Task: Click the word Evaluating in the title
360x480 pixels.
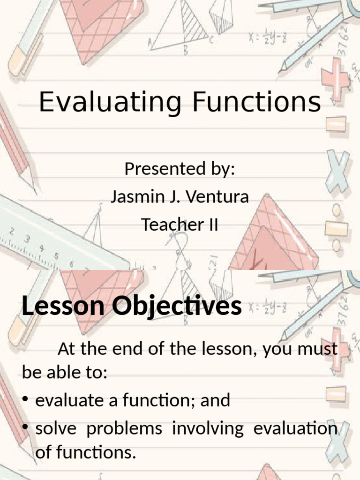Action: [110, 103]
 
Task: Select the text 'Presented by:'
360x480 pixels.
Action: [180, 169]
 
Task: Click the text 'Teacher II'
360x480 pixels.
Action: [180, 225]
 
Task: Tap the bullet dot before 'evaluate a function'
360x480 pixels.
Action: [26, 401]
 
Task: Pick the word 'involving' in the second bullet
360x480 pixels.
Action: [208, 429]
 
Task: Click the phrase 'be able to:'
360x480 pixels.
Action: [65, 374]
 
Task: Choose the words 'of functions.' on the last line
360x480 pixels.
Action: [85, 453]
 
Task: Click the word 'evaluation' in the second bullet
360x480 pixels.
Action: [296, 429]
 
